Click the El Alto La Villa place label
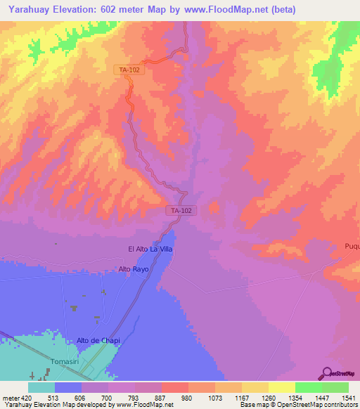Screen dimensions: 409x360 coord(150,249)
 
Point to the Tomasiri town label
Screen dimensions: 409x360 coord(67,361)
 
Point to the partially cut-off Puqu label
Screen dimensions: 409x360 coord(352,246)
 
